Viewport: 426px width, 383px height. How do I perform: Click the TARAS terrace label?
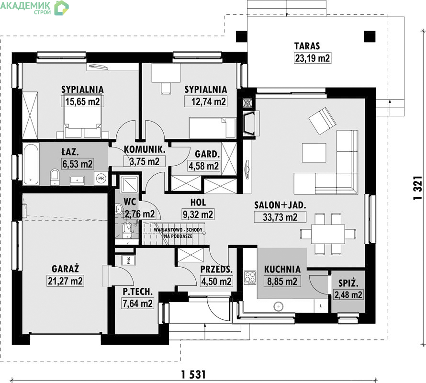tap(307, 46)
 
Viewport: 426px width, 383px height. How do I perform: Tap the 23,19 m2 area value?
tap(313, 58)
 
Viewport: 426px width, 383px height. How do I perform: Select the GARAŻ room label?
tap(65, 269)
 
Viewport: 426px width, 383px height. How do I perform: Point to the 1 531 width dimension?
tap(193, 374)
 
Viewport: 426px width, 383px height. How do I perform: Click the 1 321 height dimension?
tap(418, 188)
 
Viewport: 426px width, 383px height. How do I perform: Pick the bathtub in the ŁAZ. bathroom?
tap(31, 164)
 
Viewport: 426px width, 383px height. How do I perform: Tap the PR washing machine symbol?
tap(101, 178)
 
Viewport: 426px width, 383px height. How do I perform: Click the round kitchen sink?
tap(278, 306)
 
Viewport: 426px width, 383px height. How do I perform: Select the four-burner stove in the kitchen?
tap(250, 278)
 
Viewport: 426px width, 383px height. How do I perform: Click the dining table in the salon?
tap(328, 234)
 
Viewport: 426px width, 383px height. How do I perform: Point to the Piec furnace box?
tap(128, 260)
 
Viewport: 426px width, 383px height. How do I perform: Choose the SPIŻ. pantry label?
tap(348, 283)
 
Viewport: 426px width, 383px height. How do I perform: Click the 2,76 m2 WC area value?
tap(140, 214)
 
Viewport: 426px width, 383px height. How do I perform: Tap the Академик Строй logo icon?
tap(61, 8)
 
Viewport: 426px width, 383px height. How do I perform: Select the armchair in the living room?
tap(323, 121)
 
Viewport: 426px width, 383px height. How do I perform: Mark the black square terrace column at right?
tap(370, 36)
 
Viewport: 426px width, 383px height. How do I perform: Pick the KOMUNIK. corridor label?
tap(145, 149)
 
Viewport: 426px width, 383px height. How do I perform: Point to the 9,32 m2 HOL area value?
tap(198, 214)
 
